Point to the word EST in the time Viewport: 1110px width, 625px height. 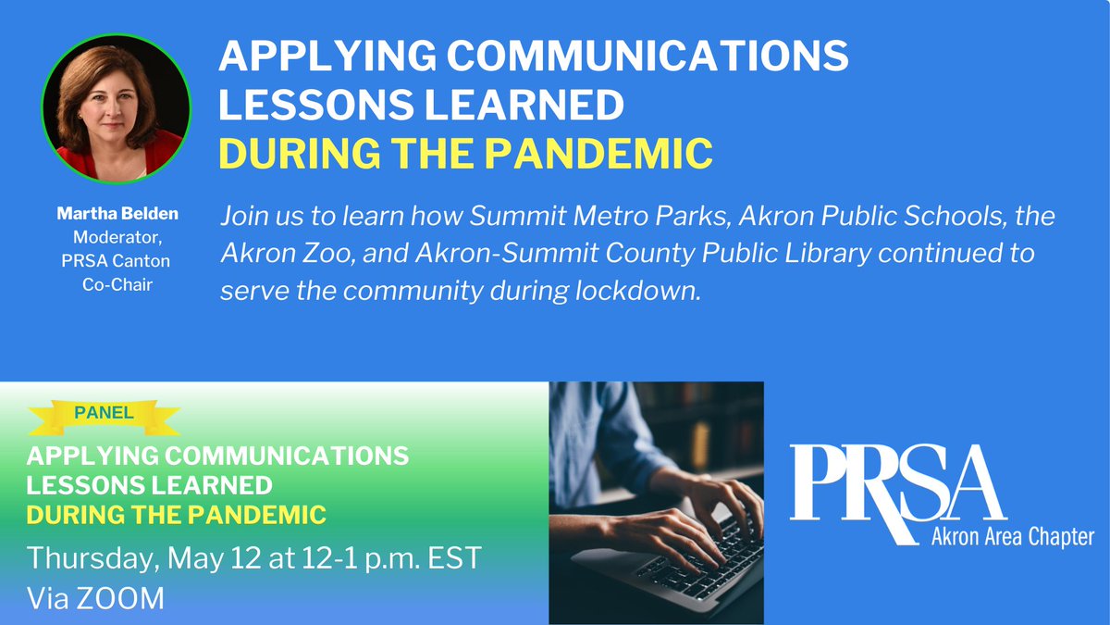point(456,559)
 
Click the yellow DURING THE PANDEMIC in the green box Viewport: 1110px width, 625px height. point(177,514)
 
